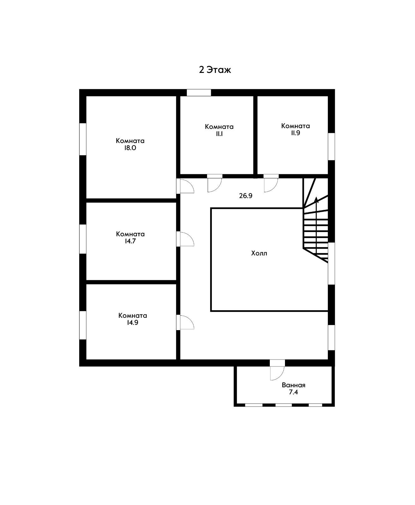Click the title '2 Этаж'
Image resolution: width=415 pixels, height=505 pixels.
pos(215,70)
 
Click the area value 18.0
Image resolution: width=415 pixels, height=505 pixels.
pos(130,148)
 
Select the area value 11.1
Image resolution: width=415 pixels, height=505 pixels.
pos(219,134)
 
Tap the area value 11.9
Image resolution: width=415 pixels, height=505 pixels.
pos(295,133)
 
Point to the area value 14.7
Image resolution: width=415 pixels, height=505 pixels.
pos(130,241)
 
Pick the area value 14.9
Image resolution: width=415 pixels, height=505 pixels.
pos(133,322)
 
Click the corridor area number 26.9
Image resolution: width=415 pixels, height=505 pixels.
pos(246,196)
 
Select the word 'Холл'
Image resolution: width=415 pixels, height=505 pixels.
pos(259,253)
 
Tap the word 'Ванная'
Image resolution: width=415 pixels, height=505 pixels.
pos(293,385)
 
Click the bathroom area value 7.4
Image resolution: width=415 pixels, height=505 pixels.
pos(293,392)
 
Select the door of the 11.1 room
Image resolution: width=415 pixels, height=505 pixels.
pos(215,185)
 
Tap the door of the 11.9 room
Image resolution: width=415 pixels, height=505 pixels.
pos(271,185)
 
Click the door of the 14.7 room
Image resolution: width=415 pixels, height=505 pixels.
pos(187,239)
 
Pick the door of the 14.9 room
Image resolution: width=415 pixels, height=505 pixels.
pos(187,323)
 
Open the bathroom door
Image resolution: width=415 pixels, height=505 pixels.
pos(277,373)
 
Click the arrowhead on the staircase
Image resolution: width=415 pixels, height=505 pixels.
pos(316,200)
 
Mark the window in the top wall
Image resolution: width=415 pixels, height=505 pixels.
pos(199,92)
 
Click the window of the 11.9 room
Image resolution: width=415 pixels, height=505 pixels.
pos(331,146)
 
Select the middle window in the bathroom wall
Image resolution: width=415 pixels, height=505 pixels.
pos(283,405)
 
